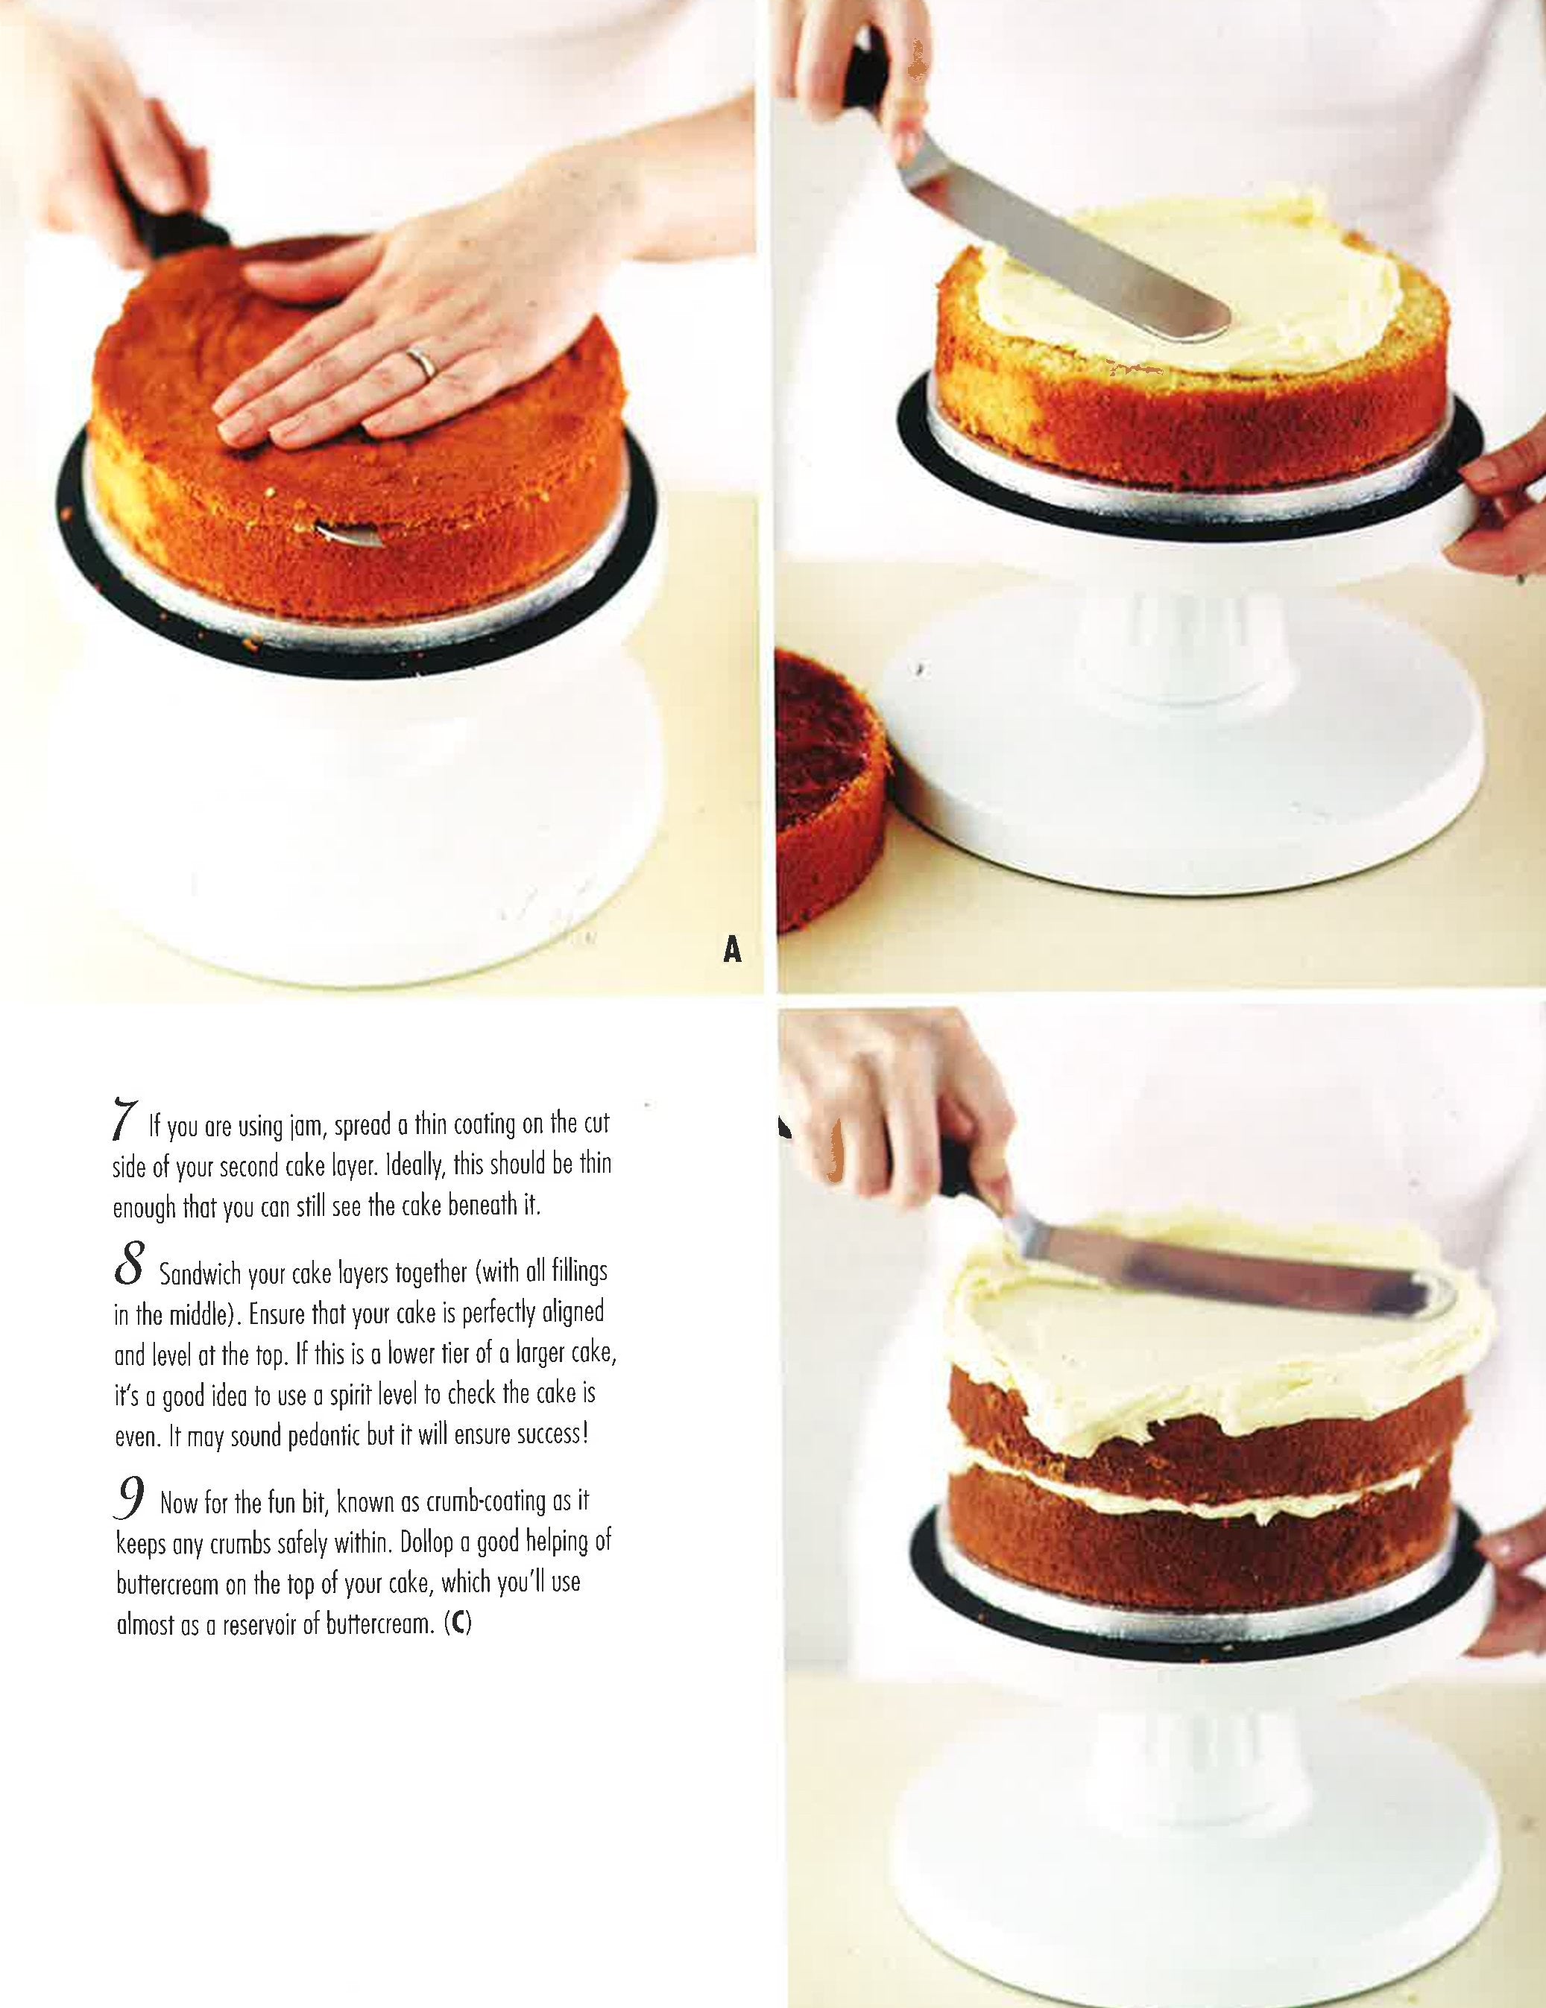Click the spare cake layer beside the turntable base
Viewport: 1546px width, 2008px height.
(827, 791)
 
